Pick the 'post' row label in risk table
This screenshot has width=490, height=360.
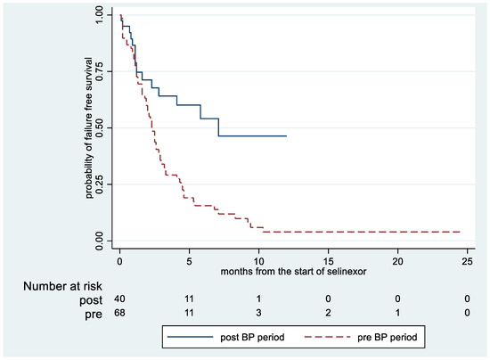click(78, 300)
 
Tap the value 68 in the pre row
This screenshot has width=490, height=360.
click(120, 314)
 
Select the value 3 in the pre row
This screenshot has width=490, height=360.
click(259, 314)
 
